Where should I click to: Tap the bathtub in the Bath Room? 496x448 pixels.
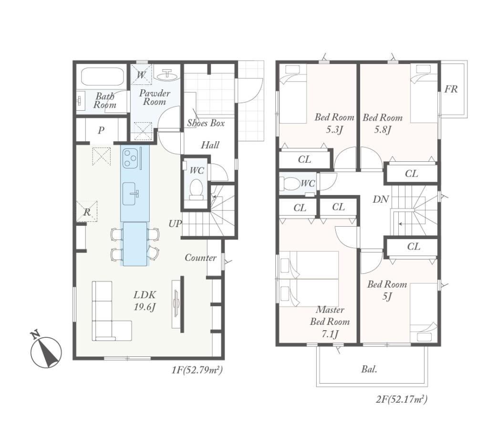(102, 76)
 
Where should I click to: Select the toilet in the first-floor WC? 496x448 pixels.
(196, 189)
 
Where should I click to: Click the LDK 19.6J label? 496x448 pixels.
(145, 301)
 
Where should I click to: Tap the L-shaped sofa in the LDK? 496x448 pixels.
(111, 311)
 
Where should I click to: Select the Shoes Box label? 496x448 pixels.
(206, 123)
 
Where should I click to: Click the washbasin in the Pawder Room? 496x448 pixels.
(167, 74)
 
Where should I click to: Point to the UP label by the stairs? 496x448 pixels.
(175, 224)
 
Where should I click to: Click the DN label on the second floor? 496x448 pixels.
(381, 199)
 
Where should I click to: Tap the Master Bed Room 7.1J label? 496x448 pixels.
(330, 322)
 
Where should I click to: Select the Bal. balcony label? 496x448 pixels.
(369, 369)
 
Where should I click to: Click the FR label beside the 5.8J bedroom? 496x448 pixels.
(451, 89)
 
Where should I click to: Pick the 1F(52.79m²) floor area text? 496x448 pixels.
(197, 370)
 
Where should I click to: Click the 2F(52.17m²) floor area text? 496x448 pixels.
(402, 399)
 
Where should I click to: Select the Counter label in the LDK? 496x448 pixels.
(201, 258)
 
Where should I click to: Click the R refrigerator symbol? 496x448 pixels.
(87, 211)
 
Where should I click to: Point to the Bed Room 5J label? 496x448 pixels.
(387, 290)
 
